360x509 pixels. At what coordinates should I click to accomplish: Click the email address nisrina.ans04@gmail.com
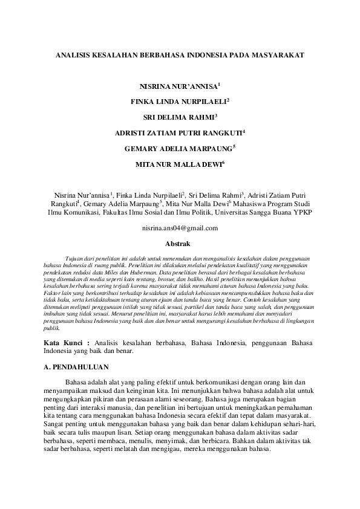180,229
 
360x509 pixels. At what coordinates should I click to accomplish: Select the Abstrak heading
178,244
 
